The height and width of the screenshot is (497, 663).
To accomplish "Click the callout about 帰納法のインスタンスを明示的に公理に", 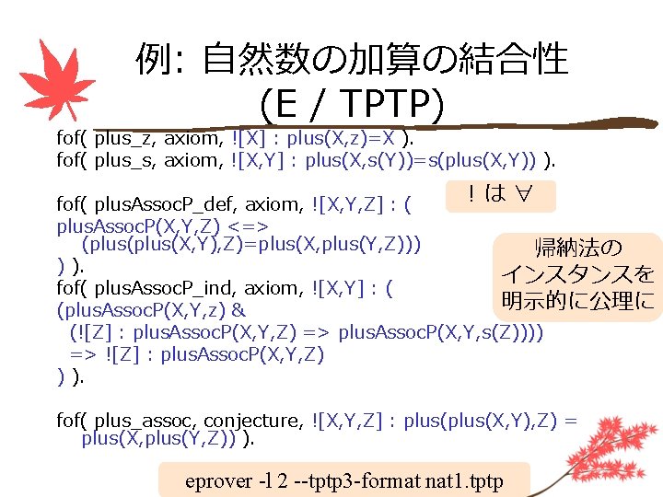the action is point(577,274).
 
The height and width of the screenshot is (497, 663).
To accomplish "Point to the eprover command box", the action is point(344,480).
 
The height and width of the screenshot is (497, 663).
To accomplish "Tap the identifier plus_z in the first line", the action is point(126,139).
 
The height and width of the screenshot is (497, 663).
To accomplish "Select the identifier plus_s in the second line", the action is point(126,162).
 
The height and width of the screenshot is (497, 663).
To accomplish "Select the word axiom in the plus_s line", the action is point(192,162).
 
